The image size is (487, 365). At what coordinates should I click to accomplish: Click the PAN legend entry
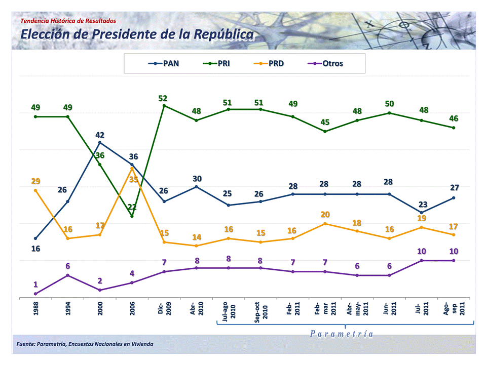coord(164,64)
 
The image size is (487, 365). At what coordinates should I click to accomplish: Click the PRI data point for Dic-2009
coord(164,106)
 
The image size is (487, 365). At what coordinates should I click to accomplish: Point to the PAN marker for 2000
coord(100,143)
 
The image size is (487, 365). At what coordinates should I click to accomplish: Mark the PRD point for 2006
coord(132,168)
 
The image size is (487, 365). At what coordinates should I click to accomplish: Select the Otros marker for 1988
coord(35,294)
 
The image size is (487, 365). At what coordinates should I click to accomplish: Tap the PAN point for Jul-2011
coord(421,213)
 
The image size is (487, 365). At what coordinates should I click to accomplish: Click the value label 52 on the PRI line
coord(163,98)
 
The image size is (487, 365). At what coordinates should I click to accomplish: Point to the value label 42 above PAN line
coord(100,135)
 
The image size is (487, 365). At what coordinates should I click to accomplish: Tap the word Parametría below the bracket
coord(342,334)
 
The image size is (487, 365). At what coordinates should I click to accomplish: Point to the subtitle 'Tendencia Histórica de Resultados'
coord(68,21)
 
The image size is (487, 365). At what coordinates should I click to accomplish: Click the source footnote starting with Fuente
coord(85,344)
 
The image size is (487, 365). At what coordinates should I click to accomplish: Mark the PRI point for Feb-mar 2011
coord(325,132)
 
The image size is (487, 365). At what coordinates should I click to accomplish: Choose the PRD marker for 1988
coord(35,190)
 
